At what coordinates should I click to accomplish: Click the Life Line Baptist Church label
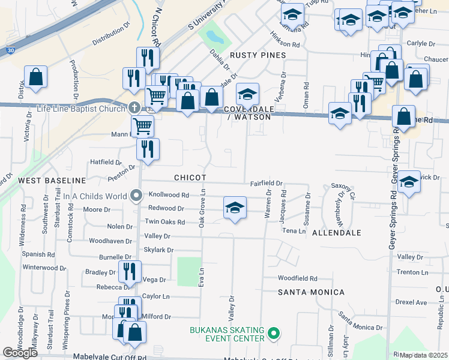coord(81,108)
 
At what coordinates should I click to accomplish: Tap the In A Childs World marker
coord(136,196)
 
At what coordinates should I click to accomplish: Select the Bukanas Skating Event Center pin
coord(274,332)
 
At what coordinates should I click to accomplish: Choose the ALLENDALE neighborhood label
coord(337,232)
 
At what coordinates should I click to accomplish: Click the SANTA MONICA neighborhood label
coord(311,292)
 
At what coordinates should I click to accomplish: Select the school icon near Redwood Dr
coord(235,208)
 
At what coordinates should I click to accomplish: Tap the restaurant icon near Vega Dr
coord(130,271)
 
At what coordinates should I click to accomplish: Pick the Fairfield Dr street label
coord(266,183)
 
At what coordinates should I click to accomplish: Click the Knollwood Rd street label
coord(169,195)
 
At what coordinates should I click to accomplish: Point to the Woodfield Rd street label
coord(297,278)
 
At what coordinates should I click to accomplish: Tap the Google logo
coord(20,352)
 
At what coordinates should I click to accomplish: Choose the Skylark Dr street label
coord(158,250)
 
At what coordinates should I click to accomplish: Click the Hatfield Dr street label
coord(106,162)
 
